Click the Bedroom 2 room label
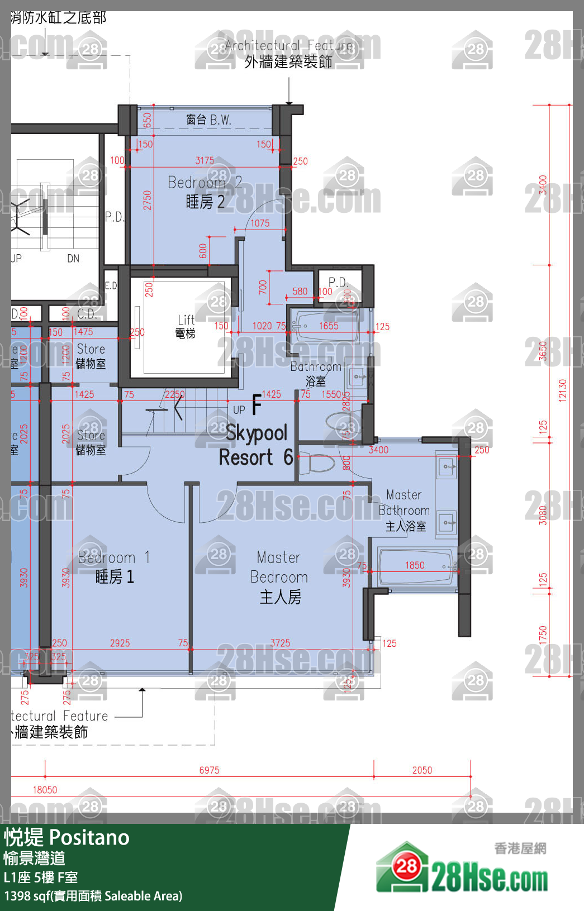click(x=205, y=192)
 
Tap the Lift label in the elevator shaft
click(x=186, y=326)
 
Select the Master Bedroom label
click(x=279, y=577)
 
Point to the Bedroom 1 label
click(x=114, y=567)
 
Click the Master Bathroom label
click(x=405, y=510)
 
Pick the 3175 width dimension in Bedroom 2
click(x=205, y=160)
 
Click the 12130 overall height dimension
click(x=562, y=390)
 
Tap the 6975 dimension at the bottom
click(x=209, y=770)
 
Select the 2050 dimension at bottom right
click(x=422, y=770)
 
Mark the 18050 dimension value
click(x=45, y=790)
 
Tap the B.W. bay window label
click(x=208, y=120)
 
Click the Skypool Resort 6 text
click(x=256, y=445)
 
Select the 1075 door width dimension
click(x=259, y=223)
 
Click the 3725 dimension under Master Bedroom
click(x=280, y=643)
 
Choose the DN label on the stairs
click(x=73, y=258)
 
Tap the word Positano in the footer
click(x=89, y=837)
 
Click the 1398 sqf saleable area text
click(x=93, y=896)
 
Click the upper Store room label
click(x=91, y=356)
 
